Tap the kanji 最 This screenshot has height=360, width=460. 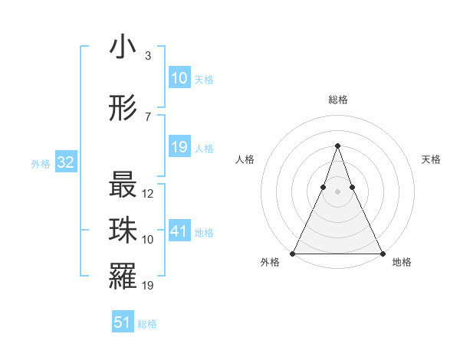click(123, 185)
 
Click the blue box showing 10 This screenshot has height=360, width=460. click(179, 78)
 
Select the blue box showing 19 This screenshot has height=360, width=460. click(179, 147)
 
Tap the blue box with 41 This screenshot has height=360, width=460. click(179, 231)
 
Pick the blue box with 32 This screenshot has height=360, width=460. click(66, 162)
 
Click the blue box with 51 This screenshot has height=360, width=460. click(123, 322)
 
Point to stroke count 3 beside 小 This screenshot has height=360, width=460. click(147, 56)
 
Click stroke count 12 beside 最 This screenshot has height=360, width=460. click(149, 194)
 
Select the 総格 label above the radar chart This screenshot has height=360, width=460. click(337, 100)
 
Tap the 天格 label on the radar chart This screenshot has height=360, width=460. click(432, 159)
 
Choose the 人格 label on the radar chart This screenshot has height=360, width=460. click(245, 159)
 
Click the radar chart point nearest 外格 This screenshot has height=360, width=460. click(293, 254)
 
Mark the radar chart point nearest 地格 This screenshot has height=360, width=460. click(382, 254)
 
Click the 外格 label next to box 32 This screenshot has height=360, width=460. click(40, 163)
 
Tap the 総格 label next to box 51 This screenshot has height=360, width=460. click(147, 324)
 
